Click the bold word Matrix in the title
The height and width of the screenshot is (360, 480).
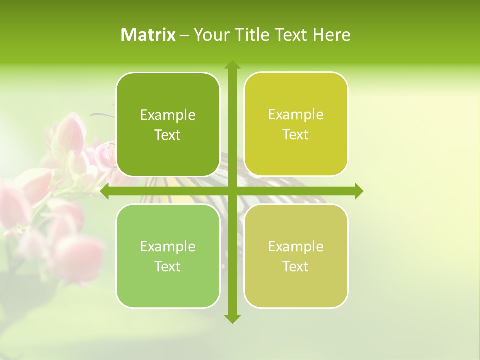click(x=148, y=35)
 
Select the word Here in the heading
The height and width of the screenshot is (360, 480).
click(x=331, y=35)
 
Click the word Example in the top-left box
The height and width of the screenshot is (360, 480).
click(x=168, y=115)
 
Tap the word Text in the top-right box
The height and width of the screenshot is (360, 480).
click(x=295, y=135)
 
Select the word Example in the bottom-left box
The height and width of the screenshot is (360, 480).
click(x=168, y=247)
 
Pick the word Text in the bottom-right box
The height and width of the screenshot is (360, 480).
click(x=295, y=266)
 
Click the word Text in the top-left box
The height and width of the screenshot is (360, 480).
click(x=167, y=135)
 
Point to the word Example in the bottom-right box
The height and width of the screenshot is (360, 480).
click(x=296, y=247)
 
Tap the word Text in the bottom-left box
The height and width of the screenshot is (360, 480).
click(x=167, y=266)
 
